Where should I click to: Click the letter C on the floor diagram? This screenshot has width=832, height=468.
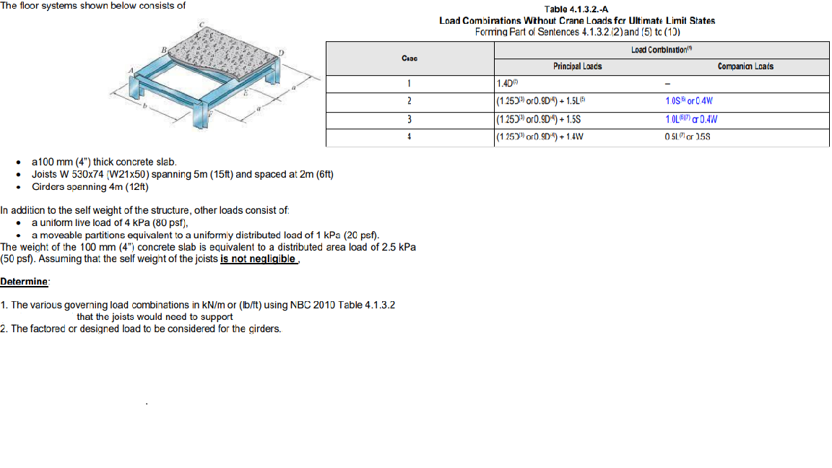tap(201, 24)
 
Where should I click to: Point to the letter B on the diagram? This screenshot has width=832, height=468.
tap(163, 48)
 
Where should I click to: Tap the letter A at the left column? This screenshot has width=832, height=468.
tap(131, 69)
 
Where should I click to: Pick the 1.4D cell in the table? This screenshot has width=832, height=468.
tap(505, 84)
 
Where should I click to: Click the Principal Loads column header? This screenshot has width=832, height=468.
tap(577, 66)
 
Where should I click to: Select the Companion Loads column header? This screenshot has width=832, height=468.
tap(745, 66)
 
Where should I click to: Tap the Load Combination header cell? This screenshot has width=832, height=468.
tap(662, 50)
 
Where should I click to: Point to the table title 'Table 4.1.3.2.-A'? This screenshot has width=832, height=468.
tap(577, 9)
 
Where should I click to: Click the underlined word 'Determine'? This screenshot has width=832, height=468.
tap(25, 281)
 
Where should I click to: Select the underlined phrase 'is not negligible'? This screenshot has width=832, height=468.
tap(258, 259)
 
